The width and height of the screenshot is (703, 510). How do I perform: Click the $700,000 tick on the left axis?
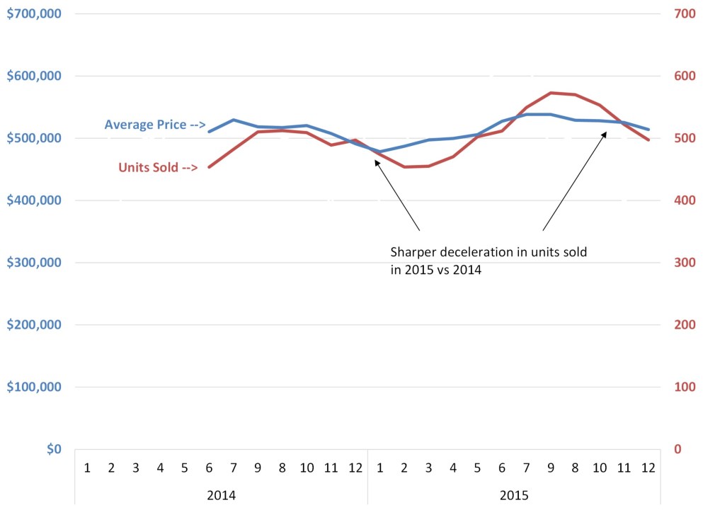pyautogui.click(x=33, y=13)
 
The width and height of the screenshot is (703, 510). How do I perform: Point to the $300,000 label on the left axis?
pyautogui.click(x=33, y=263)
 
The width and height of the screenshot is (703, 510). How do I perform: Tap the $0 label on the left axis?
pyautogui.click(x=51, y=449)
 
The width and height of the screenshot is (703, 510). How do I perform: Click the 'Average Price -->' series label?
pyautogui.click(x=154, y=125)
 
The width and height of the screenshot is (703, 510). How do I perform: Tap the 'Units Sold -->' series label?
pyautogui.click(x=157, y=168)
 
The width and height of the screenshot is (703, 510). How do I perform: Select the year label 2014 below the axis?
pyautogui.click(x=221, y=494)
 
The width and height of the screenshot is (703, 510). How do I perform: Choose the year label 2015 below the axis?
pyautogui.click(x=514, y=494)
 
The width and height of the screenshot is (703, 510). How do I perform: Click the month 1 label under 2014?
pyautogui.click(x=87, y=467)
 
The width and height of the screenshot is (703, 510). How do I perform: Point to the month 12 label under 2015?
pyautogui.click(x=647, y=467)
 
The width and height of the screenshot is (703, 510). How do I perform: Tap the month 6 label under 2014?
pyautogui.click(x=210, y=467)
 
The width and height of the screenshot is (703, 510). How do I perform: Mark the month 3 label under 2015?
pyautogui.click(x=429, y=467)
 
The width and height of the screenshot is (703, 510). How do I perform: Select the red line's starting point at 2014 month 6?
pyautogui.click(x=210, y=167)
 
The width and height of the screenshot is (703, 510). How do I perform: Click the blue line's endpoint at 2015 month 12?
pyautogui.click(x=647, y=130)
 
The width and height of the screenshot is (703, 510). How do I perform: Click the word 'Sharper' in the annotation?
pyautogui.click(x=413, y=252)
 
